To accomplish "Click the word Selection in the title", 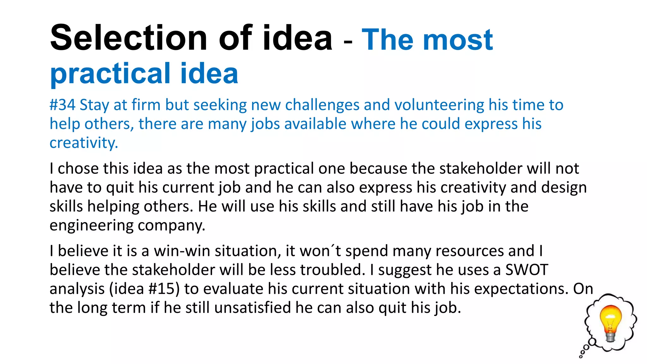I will [128, 38].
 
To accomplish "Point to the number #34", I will [62, 105].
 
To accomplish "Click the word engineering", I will [91, 226].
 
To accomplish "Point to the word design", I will [564, 187].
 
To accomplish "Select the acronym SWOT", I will [527, 270].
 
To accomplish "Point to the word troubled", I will [330, 270].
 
